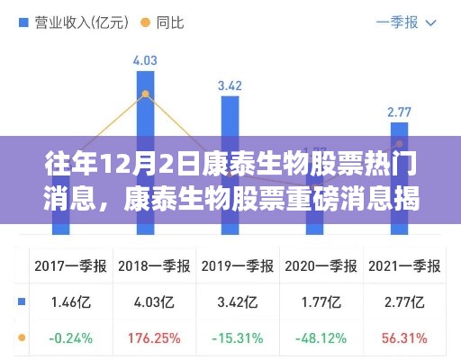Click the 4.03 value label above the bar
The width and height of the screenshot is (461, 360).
click(x=145, y=61)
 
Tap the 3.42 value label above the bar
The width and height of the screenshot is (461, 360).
click(x=230, y=86)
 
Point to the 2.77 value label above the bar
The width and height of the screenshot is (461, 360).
click(x=399, y=112)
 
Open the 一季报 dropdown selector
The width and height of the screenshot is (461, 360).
click(x=406, y=22)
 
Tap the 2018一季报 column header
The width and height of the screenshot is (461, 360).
click(x=146, y=266)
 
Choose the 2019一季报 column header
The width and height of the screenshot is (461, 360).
click(x=230, y=266)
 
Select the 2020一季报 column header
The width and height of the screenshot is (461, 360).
click(x=315, y=266)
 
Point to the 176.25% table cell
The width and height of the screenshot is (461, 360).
click(x=146, y=340)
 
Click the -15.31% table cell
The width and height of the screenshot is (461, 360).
click(x=230, y=340)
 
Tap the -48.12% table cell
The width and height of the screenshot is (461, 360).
click(x=315, y=340)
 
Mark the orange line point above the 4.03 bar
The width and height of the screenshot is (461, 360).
click(x=145, y=93)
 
